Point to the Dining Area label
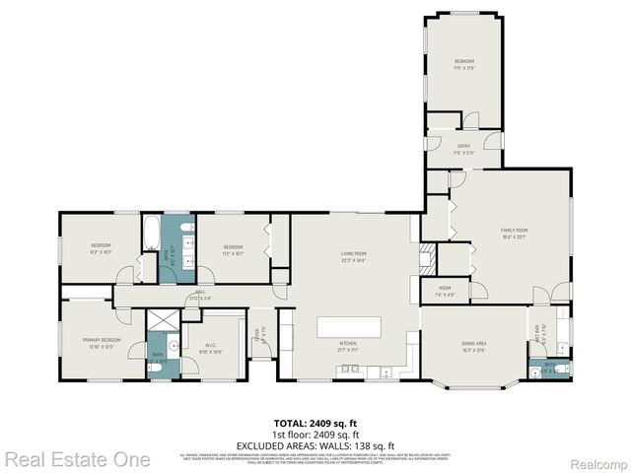pos(474,343)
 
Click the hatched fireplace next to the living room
pos(427,261)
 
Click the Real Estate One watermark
pos(77,459)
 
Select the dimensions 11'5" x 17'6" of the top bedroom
pos(464,68)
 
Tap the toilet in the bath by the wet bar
pos(561,370)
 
